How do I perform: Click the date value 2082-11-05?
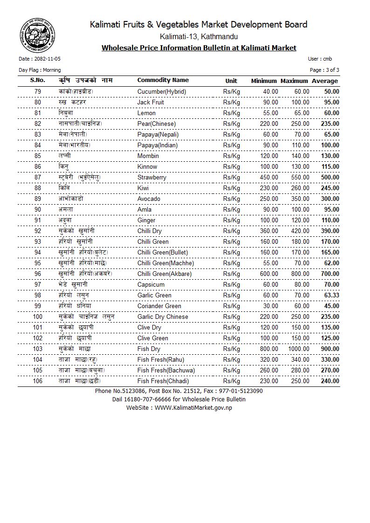pos(46,59)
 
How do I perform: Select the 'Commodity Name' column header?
pos(163,80)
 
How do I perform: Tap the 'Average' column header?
pos(325,81)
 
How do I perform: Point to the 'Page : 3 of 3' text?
pos(324,70)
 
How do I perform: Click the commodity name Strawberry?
pos(151,178)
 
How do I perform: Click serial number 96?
pos(38,274)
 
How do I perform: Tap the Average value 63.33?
pos(330,296)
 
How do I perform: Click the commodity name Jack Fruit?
pos(151,103)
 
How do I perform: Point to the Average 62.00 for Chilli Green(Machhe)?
pos(331,263)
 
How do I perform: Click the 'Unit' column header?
pos(231,81)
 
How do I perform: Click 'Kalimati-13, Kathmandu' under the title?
pos(199,36)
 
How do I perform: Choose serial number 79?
pos(38,92)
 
